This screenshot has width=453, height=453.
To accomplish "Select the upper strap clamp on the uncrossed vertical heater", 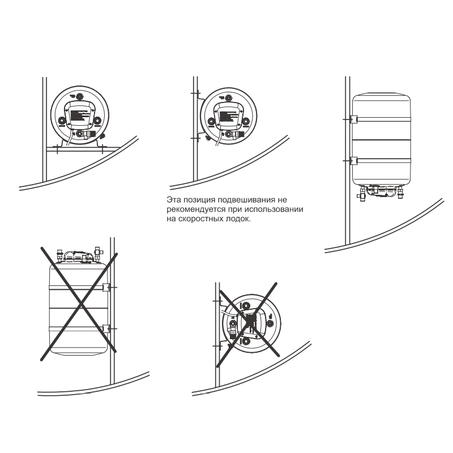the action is [x=353, y=119].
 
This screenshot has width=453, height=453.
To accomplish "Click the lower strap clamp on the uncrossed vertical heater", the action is [x=353, y=161].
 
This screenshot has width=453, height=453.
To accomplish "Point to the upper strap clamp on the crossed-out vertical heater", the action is [x=106, y=287].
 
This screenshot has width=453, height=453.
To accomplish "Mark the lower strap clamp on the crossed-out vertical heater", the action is [x=106, y=328].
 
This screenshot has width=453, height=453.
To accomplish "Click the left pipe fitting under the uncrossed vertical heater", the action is [x=362, y=193].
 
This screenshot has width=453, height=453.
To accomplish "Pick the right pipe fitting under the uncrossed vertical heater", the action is [x=400, y=192].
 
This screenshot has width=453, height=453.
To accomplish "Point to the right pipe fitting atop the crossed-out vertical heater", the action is [x=97, y=253].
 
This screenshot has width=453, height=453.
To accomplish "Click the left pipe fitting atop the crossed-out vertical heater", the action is [x=60, y=254].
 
